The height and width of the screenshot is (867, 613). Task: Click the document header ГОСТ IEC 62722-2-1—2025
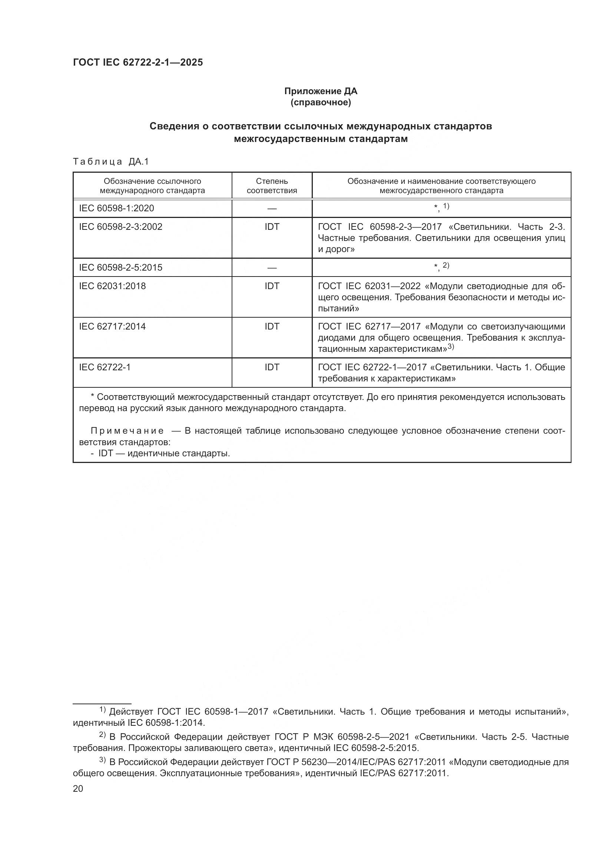pos(138,63)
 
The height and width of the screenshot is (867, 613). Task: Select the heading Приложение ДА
pos(321,91)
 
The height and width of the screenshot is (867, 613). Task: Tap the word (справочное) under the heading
pos(321,102)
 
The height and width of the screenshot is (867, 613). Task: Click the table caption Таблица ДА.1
pos(111,162)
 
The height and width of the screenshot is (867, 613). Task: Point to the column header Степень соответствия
pos(272,186)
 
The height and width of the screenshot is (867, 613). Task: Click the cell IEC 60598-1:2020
pos(116,208)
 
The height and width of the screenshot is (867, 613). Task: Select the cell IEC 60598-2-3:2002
pos(120,226)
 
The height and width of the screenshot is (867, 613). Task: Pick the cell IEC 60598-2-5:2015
pos(120,267)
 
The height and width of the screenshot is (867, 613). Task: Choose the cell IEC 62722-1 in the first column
pos(105,367)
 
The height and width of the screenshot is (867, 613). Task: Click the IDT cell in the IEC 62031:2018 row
pos(272,286)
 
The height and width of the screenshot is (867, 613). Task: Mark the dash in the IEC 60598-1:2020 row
pos(272,208)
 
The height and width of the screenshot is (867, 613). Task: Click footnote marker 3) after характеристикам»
pos(451,347)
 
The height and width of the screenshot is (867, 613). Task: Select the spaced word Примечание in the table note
pos(127,431)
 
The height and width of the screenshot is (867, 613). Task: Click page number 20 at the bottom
pos(78,788)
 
